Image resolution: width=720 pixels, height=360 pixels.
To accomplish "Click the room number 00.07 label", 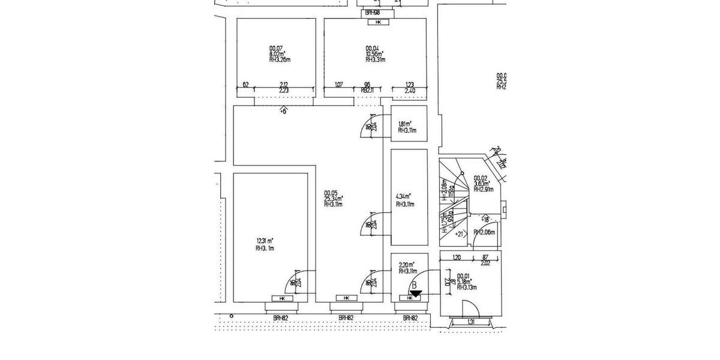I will tap(276, 48).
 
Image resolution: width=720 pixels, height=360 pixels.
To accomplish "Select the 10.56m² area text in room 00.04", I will tap(374, 54).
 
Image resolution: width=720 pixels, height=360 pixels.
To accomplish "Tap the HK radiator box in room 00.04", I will tap(378, 23).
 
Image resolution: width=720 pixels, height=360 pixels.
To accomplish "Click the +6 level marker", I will tap(284, 110).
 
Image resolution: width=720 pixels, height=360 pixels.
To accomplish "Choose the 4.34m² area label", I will tap(404, 196).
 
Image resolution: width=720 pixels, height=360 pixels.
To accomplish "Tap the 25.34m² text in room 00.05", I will tap(334, 199).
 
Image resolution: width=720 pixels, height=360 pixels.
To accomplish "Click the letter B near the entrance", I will tap(414, 285).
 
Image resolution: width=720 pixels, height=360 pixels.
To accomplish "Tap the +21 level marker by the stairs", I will tap(461, 233).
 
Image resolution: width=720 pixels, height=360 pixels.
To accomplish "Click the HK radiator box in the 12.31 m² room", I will tap(281, 298).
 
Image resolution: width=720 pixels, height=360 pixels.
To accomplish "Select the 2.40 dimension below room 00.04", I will tap(410, 91).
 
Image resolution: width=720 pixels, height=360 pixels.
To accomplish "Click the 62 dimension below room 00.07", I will tap(245, 85).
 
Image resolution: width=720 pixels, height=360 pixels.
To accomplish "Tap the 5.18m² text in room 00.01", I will tap(464, 281).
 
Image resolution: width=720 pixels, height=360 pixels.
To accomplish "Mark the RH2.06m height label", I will tap(484, 232).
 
